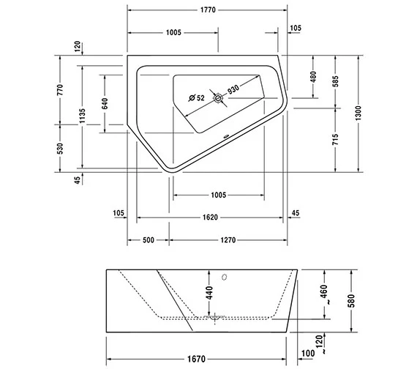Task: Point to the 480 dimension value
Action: [x=313, y=76]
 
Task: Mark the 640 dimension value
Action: [x=104, y=102]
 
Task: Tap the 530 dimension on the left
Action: [x=62, y=149]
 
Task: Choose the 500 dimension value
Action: [x=149, y=240]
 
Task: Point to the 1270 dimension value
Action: [x=228, y=240]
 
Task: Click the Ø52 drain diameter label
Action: [x=196, y=97]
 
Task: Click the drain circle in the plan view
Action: [x=218, y=97]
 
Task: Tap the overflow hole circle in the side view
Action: [x=226, y=277]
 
